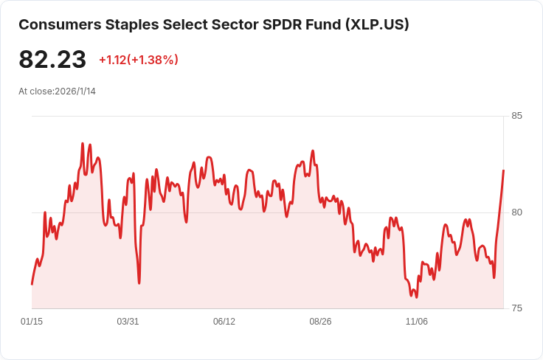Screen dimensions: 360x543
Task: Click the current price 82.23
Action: point(52,60)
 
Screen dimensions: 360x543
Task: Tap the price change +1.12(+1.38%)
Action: point(139,60)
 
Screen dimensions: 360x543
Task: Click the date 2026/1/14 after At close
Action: point(75,91)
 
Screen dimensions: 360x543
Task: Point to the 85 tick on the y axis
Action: point(516,116)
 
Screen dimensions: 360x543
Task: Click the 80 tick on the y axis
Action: point(516,212)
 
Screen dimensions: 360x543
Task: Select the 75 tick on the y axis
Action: point(516,308)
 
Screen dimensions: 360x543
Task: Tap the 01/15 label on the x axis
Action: point(32,322)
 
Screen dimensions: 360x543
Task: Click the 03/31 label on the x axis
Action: point(128,322)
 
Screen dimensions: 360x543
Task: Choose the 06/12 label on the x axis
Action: point(224,322)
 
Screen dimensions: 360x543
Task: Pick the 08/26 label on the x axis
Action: point(320,322)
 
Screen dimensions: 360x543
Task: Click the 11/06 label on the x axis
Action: point(417,322)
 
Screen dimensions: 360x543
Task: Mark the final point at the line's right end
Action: point(503,170)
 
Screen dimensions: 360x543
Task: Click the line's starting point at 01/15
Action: point(32,284)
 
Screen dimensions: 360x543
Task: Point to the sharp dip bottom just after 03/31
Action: point(139,283)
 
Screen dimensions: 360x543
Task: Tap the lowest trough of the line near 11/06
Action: point(416,297)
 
